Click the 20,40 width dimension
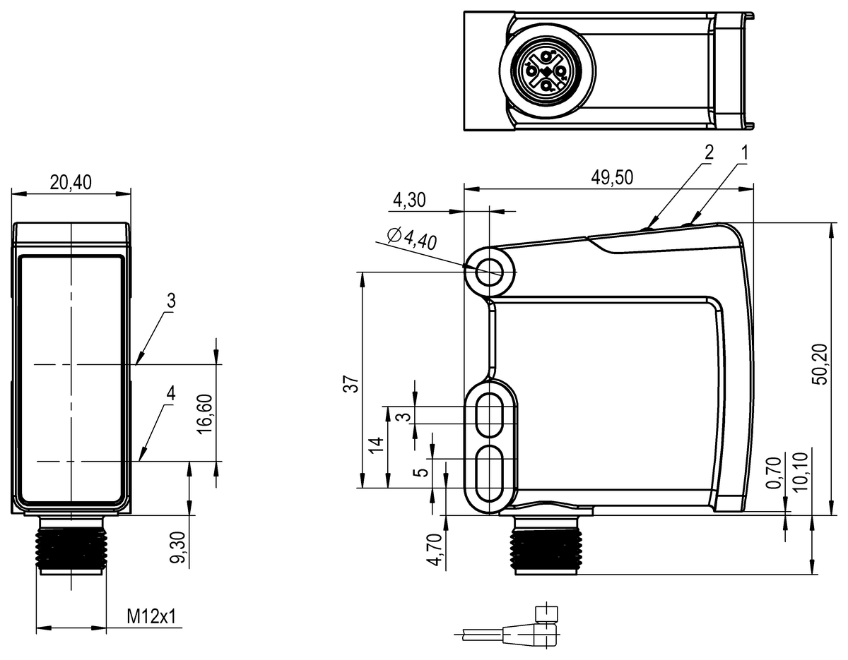[71, 182]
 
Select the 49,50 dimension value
[612, 178]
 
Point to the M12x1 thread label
[151, 617]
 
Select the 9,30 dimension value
[178, 548]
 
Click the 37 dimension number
[351, 385]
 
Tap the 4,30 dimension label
[408, 200]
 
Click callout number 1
[743, 151]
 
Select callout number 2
[709, 151]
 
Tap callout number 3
[170, 300]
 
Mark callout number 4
[170, 394]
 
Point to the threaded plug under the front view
[71, 546]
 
